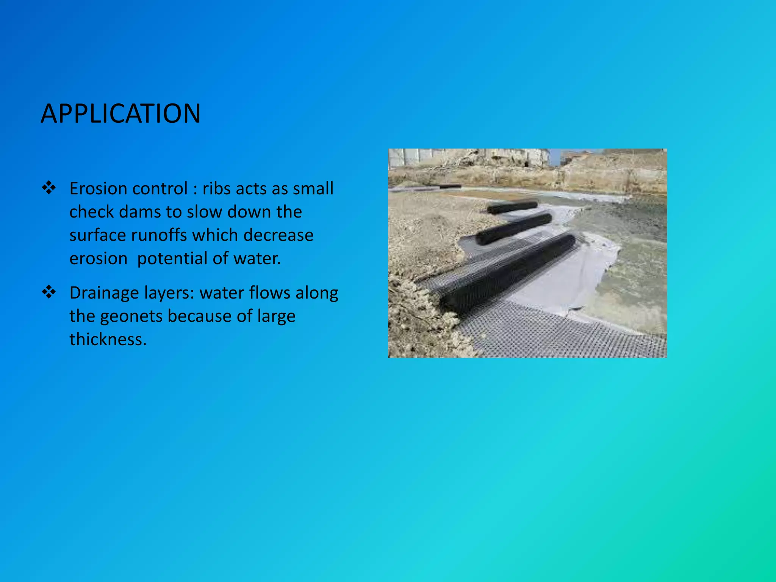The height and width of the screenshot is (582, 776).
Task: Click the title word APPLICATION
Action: [120, 114]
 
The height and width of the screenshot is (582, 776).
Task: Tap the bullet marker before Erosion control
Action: [49, 188]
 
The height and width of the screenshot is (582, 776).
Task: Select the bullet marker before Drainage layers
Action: [49, 292]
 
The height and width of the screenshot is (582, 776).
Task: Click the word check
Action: [91, 212]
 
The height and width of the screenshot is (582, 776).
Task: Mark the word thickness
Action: [108, 339]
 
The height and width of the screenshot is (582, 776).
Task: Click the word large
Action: [276, 316]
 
